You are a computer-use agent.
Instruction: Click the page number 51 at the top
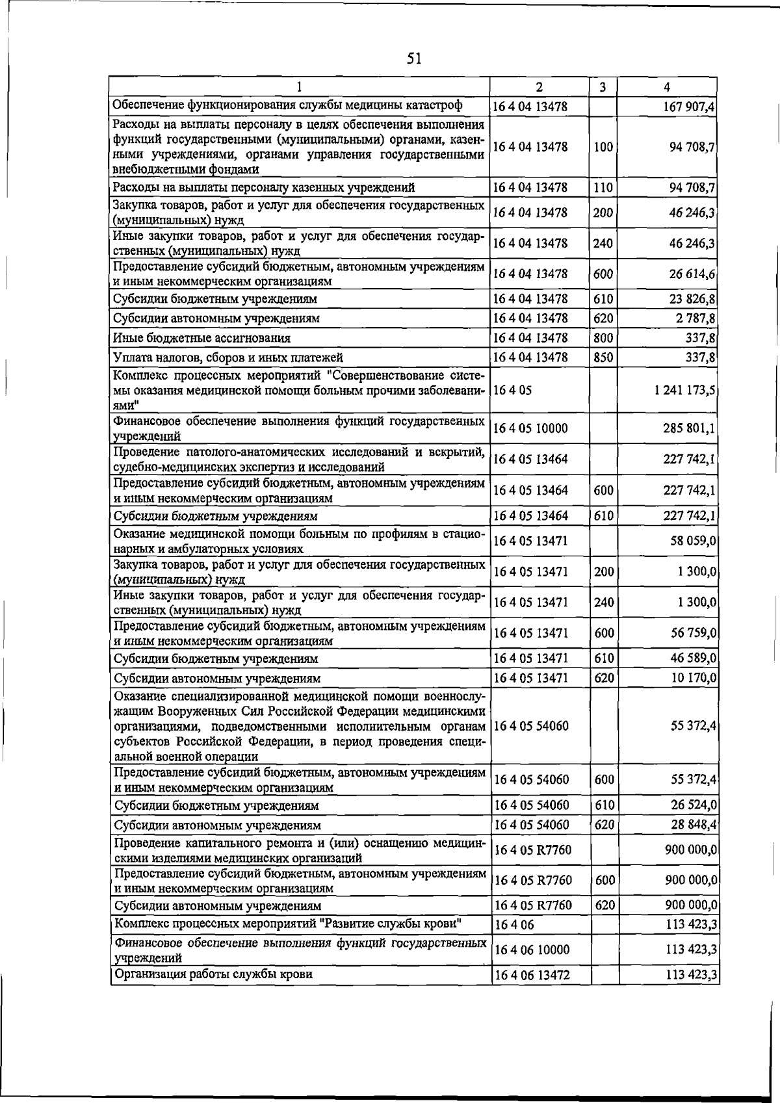[414, 59]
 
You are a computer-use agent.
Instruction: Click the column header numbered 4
[667, 87]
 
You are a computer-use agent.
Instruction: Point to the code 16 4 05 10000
[531, 428]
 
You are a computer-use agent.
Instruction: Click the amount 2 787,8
[694, 318]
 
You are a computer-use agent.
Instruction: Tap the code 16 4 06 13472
[532, 976]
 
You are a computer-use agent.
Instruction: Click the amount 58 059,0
[694, 541]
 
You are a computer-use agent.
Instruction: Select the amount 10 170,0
[694, 678]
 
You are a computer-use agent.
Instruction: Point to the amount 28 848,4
[694, 825]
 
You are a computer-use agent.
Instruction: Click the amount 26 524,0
[694, 805]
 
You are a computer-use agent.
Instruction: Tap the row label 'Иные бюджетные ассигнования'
[201, 338]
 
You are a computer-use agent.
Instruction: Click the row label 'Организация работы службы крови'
[213, 974]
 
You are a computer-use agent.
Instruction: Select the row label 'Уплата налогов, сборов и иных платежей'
[227, 357]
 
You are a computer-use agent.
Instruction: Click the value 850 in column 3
[603, 357]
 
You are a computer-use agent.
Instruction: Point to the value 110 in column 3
[603, 188]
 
